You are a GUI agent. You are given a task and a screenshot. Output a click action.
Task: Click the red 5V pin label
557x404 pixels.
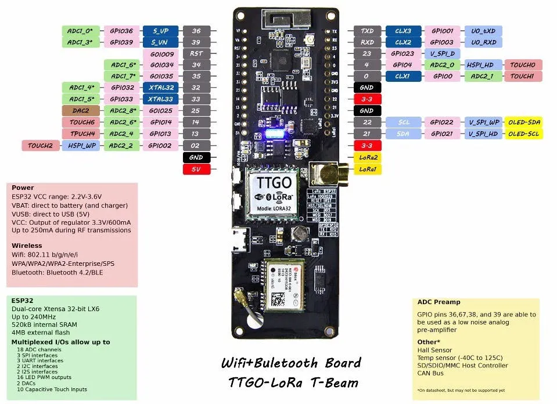coord(196,169)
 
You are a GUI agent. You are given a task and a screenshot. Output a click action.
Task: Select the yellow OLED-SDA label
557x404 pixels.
coord(523,122)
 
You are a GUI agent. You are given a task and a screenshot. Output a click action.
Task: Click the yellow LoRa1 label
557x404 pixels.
coord(368,169)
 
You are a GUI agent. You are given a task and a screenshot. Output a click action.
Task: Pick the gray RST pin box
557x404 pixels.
coord(196,53)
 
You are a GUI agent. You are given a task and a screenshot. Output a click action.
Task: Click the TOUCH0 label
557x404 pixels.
coord(523,65)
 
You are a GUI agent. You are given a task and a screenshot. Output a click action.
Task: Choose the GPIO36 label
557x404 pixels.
coord(121,31)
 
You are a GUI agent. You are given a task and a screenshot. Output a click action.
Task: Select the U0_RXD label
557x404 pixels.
coord(483,42)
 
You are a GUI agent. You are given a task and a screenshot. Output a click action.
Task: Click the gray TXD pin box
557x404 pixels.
coord(367,31)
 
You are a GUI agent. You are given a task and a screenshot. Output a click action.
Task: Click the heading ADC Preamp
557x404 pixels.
coord(439,302)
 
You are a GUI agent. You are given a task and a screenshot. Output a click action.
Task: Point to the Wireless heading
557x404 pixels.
coord(27,246)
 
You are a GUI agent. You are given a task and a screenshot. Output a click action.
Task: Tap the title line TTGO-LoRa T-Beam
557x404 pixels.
coord(293,383)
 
